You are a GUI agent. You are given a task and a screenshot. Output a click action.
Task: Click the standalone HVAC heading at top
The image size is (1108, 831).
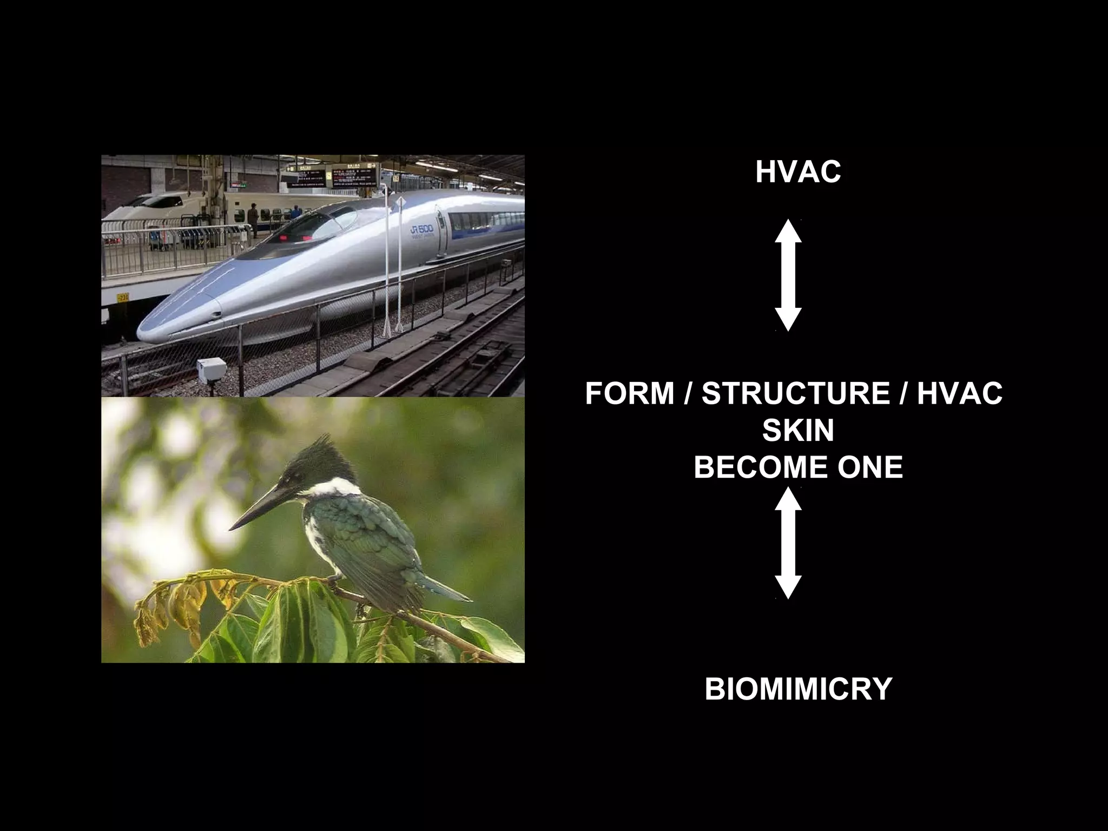click(797, 172)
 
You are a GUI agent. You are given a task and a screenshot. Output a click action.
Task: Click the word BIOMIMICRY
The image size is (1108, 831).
click(798, 689)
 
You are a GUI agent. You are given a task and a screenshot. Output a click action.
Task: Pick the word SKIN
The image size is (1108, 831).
click(798, 431)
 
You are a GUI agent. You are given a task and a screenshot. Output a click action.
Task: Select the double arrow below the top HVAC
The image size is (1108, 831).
click(788, 275)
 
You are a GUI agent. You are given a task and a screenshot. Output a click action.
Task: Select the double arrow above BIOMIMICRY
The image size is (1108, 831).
click(788, 543)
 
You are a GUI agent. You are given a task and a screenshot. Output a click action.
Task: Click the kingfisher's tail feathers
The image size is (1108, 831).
click(444, 590)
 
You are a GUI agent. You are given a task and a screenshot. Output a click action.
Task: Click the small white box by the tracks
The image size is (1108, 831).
click(212, 367)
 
